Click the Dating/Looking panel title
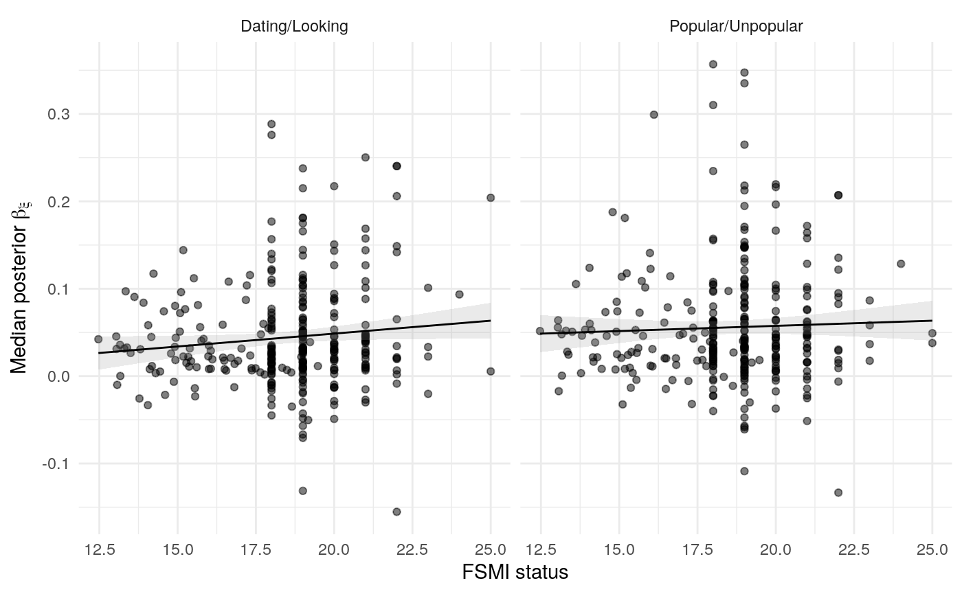[x=294, y=27]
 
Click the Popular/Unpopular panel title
[x=736, y=27]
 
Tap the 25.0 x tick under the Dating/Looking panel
[x=491, y=549]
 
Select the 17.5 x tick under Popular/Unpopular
[x=697, y=549]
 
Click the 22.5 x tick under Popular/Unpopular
[x=854, y=549]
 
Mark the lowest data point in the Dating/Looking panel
[x=396, y=512]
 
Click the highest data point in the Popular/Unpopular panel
[x=713, y=65]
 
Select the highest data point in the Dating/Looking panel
[x=271, y=124]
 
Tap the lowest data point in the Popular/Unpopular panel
[x=838, y=492]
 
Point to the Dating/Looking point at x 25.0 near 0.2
[x=491, y=198]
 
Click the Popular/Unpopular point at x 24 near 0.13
[x=901, y=264]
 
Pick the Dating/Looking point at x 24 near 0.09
[x=459, y=295]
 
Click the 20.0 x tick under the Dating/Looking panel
[x=334, y=549]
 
